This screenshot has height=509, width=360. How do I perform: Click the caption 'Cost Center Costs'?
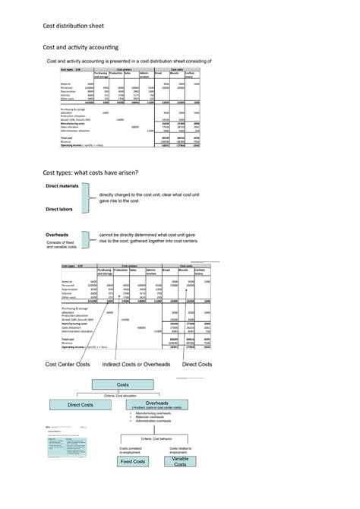[67, 365]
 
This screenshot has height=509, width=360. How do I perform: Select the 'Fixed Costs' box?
[132, 461]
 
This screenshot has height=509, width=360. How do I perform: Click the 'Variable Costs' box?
[180, 461]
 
